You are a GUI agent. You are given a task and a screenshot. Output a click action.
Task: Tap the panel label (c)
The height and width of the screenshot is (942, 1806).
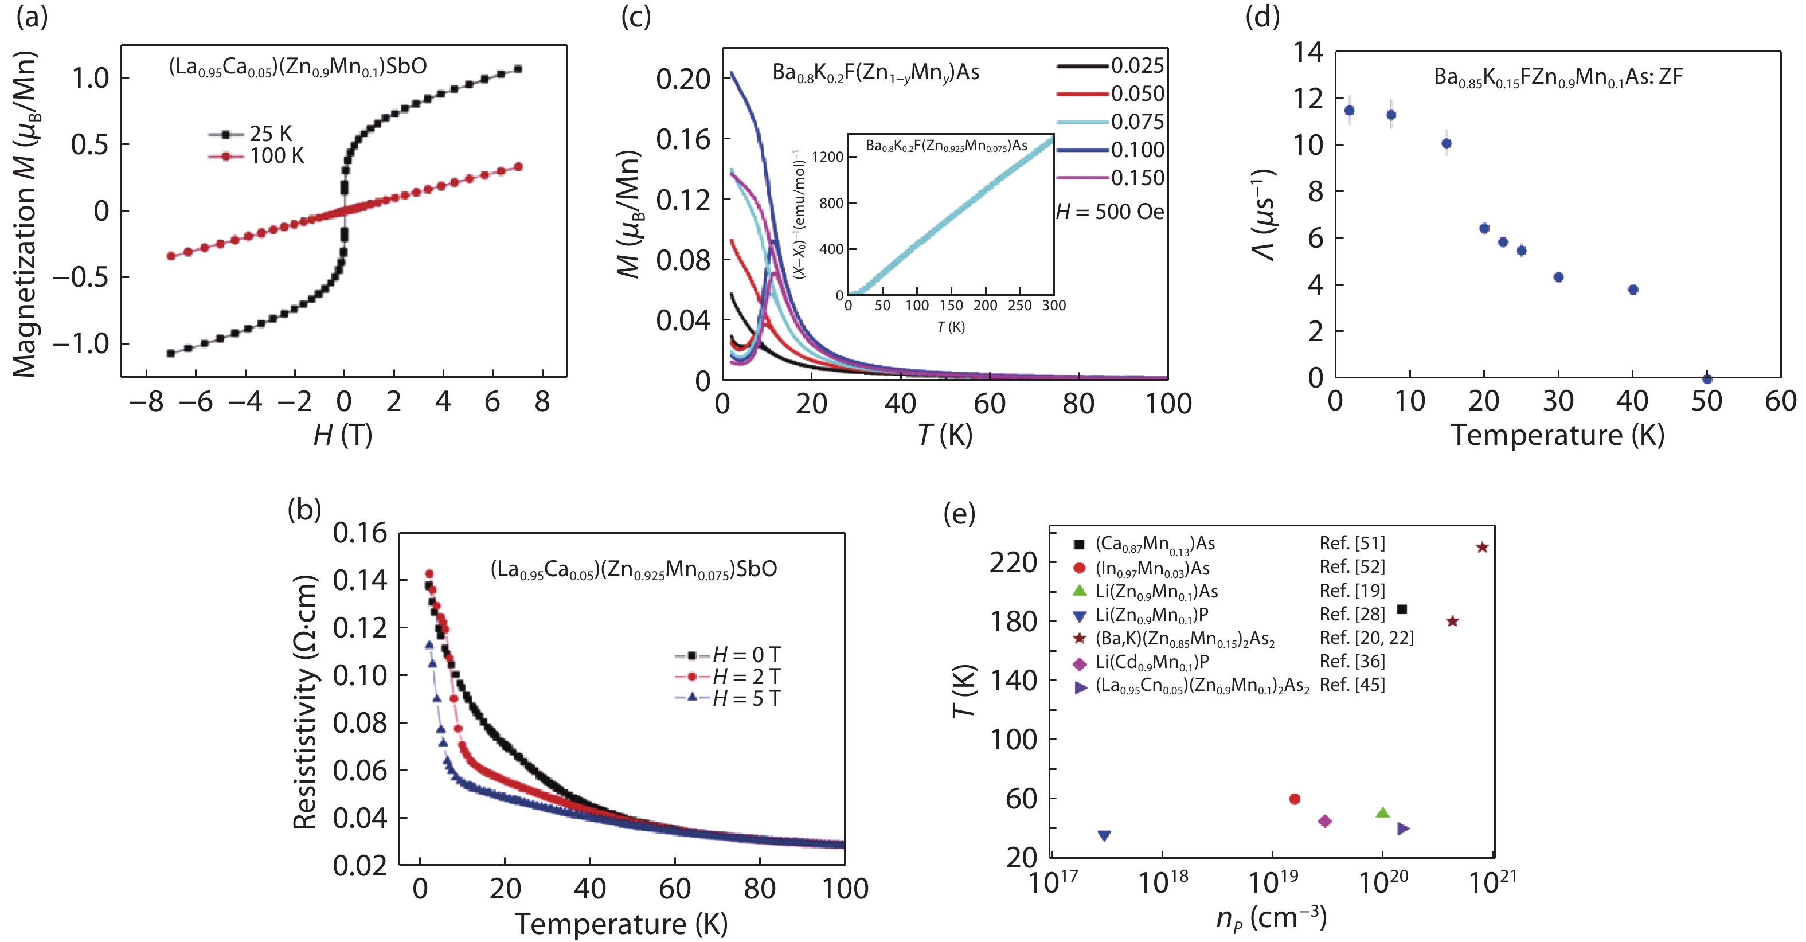636,17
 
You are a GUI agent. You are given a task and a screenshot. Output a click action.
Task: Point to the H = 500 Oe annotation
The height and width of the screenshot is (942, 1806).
1110,212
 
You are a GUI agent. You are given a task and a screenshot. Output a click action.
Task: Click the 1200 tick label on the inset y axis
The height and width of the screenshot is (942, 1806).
827,157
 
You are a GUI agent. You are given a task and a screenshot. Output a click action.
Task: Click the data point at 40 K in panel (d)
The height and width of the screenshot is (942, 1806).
1633,290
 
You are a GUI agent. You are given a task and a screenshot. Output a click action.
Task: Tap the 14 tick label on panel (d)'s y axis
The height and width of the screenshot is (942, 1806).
1308,52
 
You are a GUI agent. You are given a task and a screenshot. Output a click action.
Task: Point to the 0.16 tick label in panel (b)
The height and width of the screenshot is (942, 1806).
359,533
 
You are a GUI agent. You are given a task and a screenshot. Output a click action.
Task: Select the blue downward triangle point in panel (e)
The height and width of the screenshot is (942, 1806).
1104,835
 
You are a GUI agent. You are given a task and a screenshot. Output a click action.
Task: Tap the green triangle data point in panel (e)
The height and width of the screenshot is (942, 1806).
1382,813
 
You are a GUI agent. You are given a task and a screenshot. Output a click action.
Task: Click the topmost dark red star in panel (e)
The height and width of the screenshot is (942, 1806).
1482,548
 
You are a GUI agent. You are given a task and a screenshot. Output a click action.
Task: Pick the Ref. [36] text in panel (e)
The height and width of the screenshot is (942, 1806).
1352,661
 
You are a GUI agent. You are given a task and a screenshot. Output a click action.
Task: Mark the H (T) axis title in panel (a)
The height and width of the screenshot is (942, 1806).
343,435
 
